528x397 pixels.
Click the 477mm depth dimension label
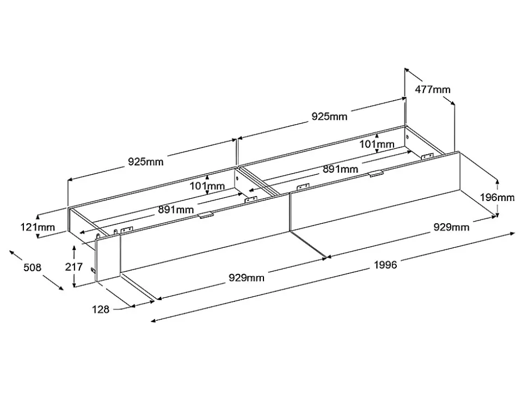click(433, 89)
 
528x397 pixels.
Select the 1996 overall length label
click(385, 265)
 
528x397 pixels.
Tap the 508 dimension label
click(33, 267)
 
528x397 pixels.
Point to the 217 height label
click(73, 267)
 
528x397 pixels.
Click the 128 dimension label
click(100, 309)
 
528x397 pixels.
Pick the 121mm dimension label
click(38, 227)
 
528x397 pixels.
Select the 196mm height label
click(497, 197)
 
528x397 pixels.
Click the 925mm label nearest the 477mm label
click(329, 116)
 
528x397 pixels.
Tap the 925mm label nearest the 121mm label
click(145, 161)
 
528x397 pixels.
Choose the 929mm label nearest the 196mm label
click(451, 227)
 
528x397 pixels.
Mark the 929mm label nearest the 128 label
click(246, 278)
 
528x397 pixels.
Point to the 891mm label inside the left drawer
click(176, 209)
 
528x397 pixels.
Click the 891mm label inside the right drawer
click(340, 169)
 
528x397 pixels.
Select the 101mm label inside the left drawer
click(207, 186)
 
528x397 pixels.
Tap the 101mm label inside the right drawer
click(377, 144)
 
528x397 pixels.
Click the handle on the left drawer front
click(205, 216)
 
